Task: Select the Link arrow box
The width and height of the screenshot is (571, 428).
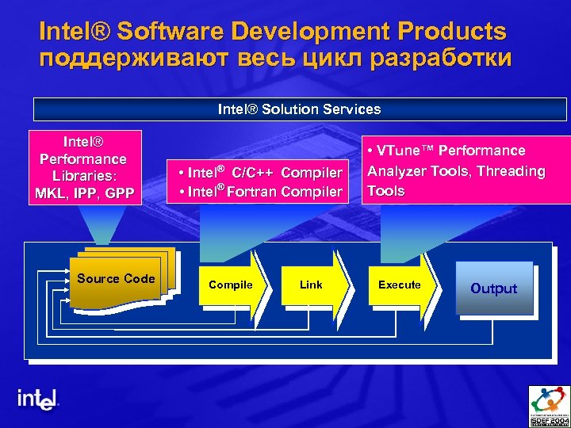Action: coord(312,285)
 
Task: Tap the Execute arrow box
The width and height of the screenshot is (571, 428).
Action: coord(400,285)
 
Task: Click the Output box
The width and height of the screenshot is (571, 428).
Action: coord(493,289)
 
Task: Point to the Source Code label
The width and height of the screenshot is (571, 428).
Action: coord(116,278)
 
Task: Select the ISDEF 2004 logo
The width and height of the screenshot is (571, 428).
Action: coord(549,405)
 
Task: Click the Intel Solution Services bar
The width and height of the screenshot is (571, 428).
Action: coord(299,109)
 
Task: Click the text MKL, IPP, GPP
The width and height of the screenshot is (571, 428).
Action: coord(85,192)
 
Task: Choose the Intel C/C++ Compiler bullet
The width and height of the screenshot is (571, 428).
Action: coord(261,172)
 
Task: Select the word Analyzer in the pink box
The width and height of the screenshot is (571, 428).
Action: coord(396,170)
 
